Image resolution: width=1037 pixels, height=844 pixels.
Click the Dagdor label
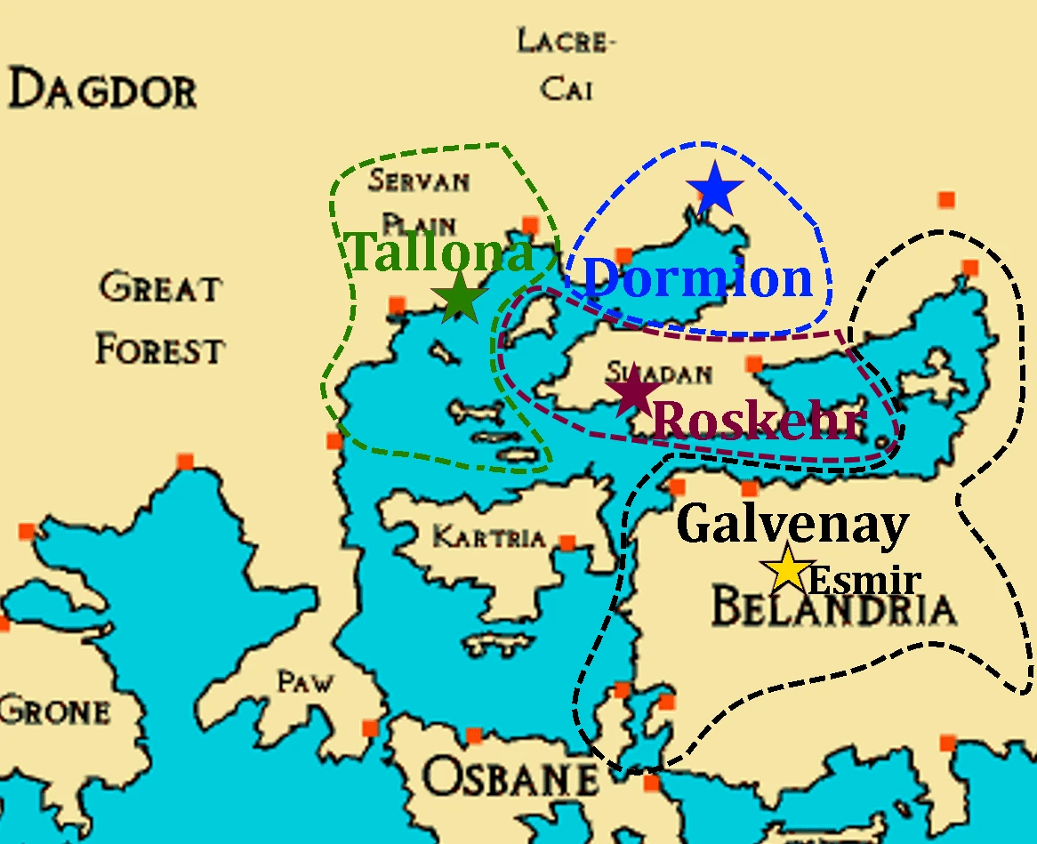[102, 91]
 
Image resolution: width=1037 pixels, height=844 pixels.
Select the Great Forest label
[160, 319]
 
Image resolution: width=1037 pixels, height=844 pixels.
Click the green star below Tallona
[460, 298]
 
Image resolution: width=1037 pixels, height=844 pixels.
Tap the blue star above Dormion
[714, 189]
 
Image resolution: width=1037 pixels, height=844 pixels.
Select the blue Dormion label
[698, 279]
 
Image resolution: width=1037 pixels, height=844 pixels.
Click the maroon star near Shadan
[634, 391]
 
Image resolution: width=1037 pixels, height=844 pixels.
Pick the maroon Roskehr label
[759, 421]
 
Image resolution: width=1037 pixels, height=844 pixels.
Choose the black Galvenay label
[792, 525]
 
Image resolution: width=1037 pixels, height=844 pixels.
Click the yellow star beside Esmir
[788, 569]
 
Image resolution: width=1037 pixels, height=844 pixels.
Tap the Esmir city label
[863, 582]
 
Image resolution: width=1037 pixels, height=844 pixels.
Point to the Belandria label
[833, 610]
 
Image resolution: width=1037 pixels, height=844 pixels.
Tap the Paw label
[305, 682]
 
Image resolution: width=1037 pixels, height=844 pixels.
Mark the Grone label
[55, 711]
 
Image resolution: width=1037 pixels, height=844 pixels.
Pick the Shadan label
[658, 374]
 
